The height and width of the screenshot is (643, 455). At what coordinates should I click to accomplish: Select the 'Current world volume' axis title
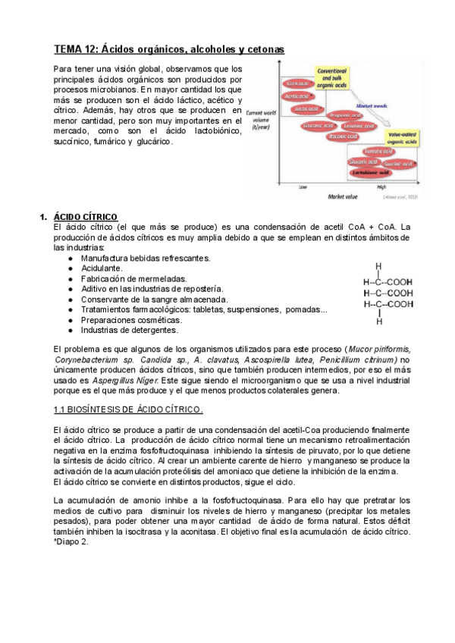pos(262,118)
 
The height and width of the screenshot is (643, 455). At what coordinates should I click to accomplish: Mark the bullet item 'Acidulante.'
pos(102,268)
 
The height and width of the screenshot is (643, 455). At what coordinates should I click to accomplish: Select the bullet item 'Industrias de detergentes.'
pos(130,331)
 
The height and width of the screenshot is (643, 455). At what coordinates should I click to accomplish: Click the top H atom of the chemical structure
pos(378,266)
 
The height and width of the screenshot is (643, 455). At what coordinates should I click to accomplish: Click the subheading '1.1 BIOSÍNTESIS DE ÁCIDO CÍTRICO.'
pos(128,409)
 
